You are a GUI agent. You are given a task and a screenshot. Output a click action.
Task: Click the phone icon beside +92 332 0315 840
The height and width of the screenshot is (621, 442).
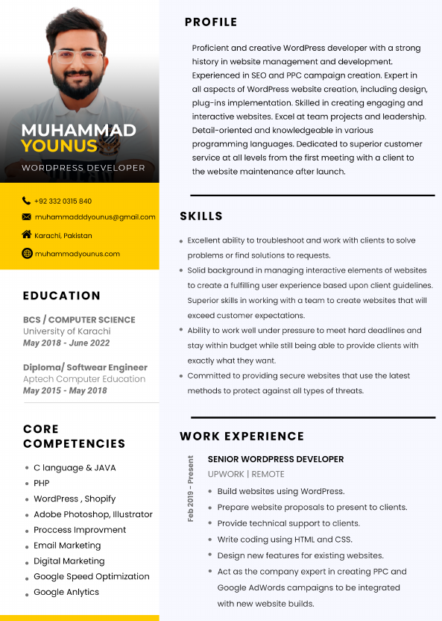(27, 201)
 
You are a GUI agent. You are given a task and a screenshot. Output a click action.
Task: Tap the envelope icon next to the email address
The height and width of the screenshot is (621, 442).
(27, 217)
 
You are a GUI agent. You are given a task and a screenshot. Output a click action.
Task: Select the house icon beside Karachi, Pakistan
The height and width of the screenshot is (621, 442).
(27, 235)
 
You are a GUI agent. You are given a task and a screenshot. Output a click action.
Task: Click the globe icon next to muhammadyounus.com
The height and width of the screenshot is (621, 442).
(27, 254)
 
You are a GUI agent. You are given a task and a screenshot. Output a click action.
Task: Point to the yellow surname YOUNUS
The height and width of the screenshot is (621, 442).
(59, 146)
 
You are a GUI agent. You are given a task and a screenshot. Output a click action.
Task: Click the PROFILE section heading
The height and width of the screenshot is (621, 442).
(211, 22)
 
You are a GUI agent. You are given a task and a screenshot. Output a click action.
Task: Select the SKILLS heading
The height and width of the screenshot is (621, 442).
(201, 216)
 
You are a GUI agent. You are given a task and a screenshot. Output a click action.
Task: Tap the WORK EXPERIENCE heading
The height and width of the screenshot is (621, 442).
(241, 437)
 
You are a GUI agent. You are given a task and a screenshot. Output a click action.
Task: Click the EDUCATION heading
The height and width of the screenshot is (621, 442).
(61, 296)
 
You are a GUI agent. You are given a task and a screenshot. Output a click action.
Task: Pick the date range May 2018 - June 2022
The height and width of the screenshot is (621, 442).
(66, 343)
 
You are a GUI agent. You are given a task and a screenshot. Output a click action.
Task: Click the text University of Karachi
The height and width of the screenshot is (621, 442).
(66, 331)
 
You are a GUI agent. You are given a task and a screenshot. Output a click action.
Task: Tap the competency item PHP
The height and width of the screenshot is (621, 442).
(42, 484)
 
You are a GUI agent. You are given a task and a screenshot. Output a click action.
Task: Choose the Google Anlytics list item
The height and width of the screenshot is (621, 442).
(66, 593)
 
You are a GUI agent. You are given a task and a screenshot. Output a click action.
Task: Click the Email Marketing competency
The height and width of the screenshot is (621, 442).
(67, 546)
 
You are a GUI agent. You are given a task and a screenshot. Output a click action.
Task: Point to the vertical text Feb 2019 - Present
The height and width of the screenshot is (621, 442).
(191, 489)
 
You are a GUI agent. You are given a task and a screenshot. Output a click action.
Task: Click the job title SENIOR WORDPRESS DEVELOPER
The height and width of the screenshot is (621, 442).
(276, 460)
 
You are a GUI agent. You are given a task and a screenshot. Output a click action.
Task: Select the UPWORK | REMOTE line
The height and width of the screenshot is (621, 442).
(246, 475)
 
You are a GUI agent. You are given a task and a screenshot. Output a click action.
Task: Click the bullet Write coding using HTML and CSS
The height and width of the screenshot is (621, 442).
(285, 540)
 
